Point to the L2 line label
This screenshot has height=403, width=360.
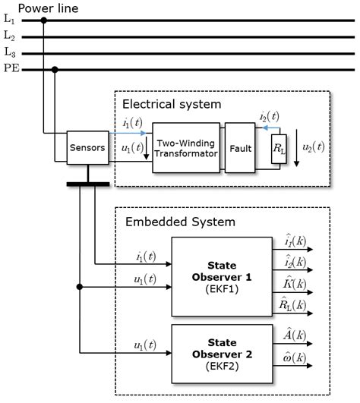pos(8,36)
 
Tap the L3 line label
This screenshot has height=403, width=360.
pos(8,52)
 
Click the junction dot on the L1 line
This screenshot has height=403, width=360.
pos(44,20)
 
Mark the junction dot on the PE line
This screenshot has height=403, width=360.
pos(55,70)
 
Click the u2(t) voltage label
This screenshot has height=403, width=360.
pos(327,145)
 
